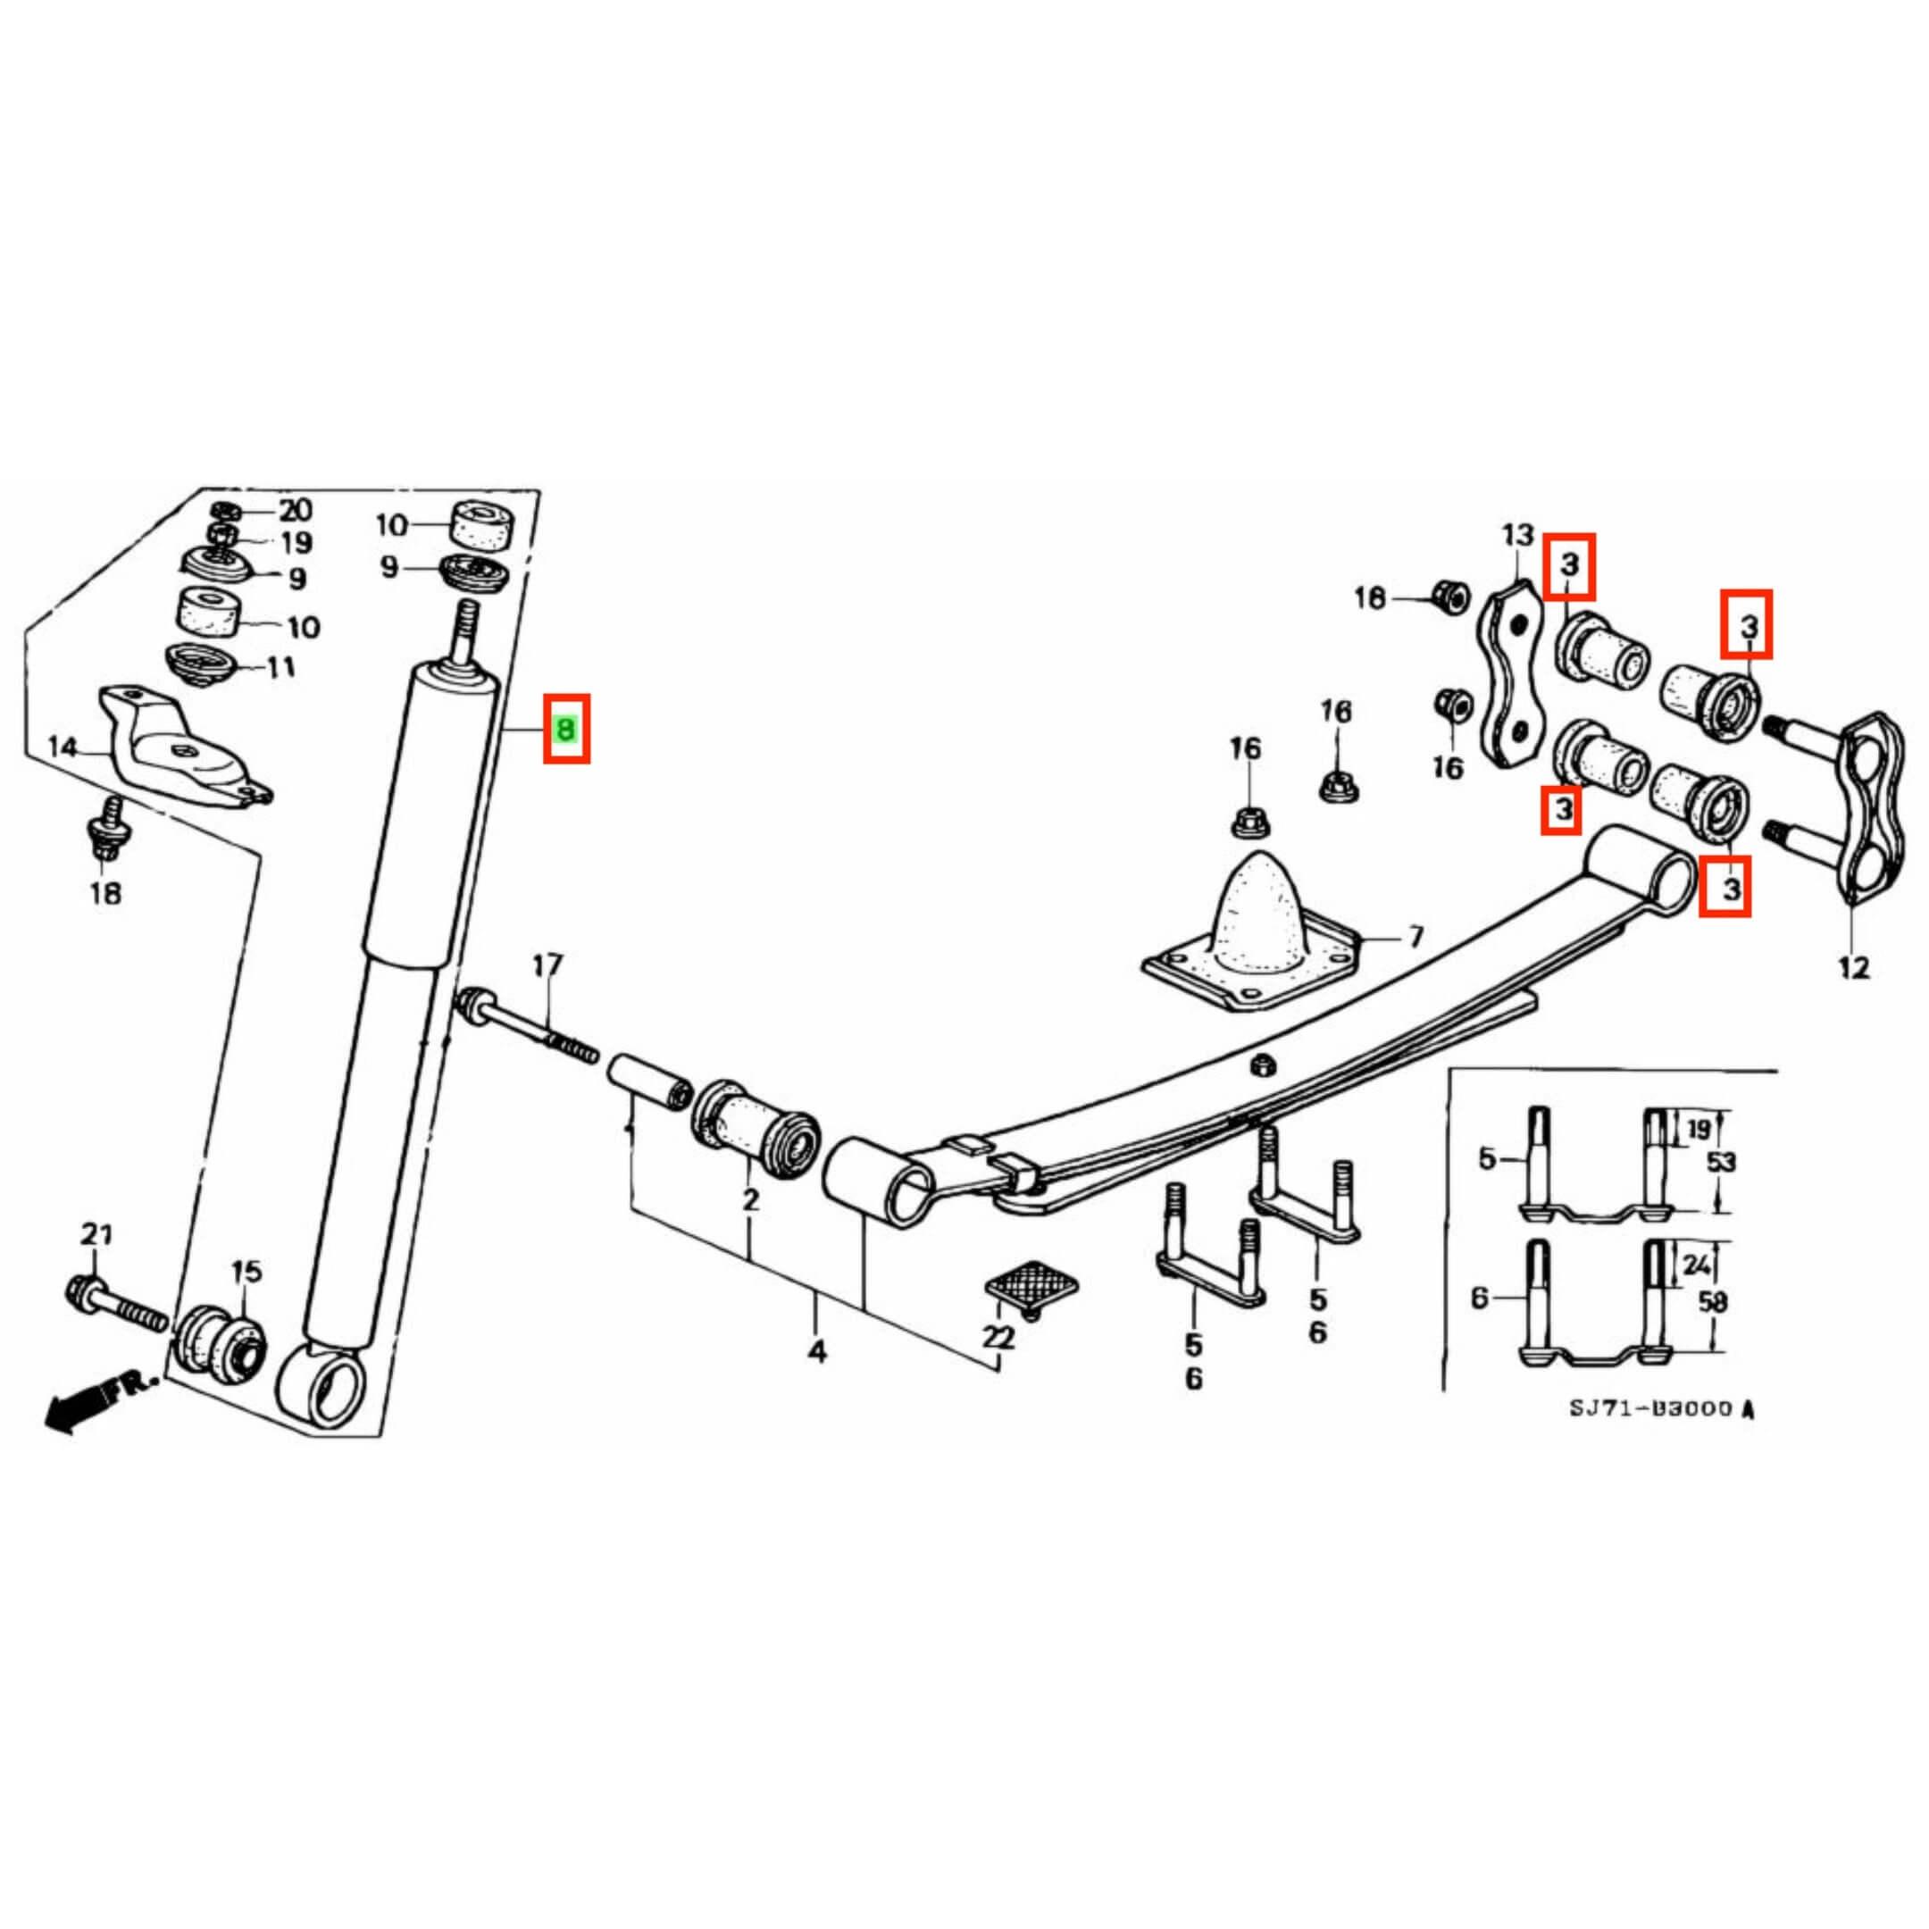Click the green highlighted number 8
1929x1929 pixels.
pyautogui.click(x=566, y=729)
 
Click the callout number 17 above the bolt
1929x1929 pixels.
pyautogui.click(x=547, y=965)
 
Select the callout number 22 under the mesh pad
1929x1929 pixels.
pyautogui.click(x=998, y=1337)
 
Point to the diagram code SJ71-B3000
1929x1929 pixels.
pyautogui.click(x=1651, y=1409)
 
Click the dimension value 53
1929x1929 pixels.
pyautogui.click(x=1721, y=1162)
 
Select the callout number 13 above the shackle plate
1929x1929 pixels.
pyautogui.click(x=1517, y=536)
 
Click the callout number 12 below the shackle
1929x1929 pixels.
pyautogui.click(x=1853, y=967)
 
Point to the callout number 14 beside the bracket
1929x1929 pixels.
pyautogui.click(x=62, y=747)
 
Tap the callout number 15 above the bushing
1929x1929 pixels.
pyautogui.click(x=246, y=1271)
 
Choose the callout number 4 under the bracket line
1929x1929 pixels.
pyautogui.click(x=818, y=1352)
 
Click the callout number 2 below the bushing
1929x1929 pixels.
pyautogui.click(x=750, y=1199)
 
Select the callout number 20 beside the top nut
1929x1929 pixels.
pyautogui.click(x=295, y=511)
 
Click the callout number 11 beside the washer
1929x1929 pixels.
pyautogui.click(x=282, y=666)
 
